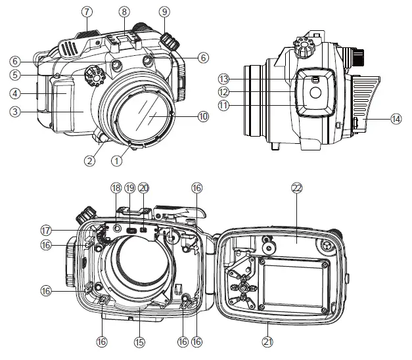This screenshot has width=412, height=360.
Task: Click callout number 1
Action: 118,158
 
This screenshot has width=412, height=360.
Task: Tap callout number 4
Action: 14,93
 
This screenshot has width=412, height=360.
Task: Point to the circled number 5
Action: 14,75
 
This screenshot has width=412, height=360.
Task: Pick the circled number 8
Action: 124,11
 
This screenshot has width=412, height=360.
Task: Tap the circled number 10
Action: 203,116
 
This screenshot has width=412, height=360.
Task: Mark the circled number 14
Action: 395,119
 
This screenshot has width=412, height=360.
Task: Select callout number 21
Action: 267,342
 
